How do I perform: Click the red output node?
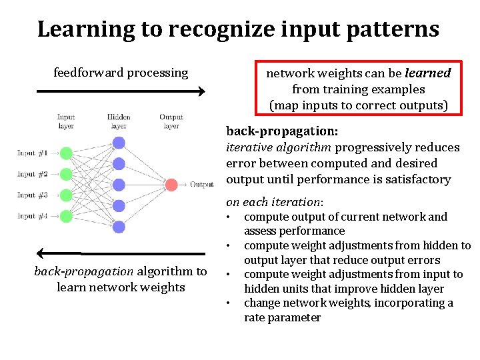(171, 185)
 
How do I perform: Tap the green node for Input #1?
(65, 153)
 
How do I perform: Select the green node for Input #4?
(65, 216)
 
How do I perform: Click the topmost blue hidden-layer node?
(119, 142)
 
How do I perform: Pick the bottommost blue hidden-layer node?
(119, 227)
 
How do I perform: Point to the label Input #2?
(32, 174)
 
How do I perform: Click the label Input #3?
(32, 195)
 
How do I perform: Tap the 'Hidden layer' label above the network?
(119, 121)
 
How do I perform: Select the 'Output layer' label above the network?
(171, 121)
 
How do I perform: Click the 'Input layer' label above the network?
(65, 121)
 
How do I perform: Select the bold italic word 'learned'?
(428, 73)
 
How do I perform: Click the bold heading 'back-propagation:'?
(282, 131)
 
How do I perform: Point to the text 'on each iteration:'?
(275, 202)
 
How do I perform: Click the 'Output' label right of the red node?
(201, 185)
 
